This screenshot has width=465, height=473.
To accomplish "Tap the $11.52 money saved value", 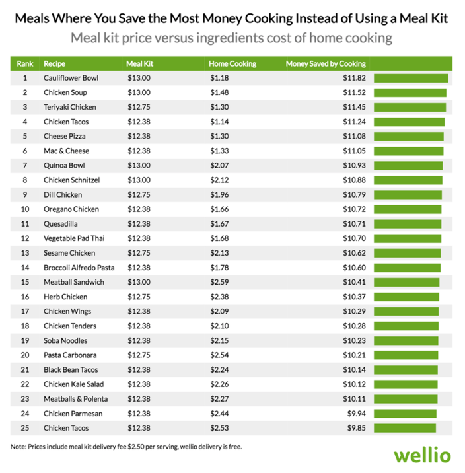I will tap(352, 92).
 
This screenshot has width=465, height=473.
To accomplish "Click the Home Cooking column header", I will tap(232, 64).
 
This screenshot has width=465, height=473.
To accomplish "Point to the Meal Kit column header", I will tap(139, 64).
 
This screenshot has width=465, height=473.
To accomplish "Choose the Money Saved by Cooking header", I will tap(326, 64).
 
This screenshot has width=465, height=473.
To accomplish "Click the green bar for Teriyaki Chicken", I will tap(410, 107).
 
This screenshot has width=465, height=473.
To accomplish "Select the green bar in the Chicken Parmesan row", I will tap(405, 414).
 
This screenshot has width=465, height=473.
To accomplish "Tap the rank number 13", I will tap(25, 253).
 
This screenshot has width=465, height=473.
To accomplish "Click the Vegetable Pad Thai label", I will tap(73, 238).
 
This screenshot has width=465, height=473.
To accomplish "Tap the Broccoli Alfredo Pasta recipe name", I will tap(79, 268).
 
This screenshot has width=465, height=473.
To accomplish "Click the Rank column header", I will tap(24, 64).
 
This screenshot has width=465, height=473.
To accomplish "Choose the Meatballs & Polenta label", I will tap(75, 399).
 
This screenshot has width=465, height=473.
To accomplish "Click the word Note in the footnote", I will tap(18, 447).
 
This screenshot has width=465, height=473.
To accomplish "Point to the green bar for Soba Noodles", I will tap(406, 340).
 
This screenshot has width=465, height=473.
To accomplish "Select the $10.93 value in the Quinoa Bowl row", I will tap(352, 165).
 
